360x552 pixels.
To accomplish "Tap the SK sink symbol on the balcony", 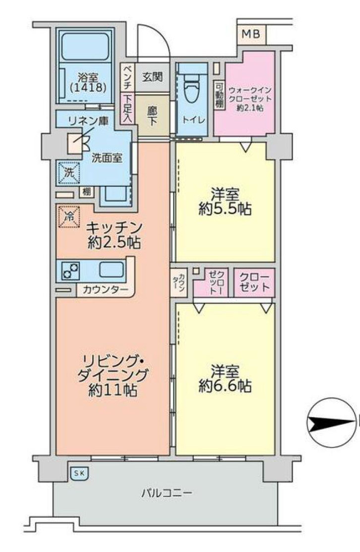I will click(x=79, y=473).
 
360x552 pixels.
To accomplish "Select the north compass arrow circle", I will click(x=330, y=423).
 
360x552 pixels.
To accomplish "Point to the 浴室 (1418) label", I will click(x=89, y=83).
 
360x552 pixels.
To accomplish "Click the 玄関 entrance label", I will click(x=153, y=78).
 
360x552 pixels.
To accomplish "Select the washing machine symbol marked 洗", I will click(x=67, y=172).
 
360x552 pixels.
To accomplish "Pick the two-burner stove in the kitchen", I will click(x=70, y=271).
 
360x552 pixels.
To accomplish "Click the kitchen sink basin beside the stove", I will click(x=112, y=270).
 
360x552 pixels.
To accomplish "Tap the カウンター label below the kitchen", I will click(x=105, y=289).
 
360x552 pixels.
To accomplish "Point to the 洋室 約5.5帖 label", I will click(x=225, y=202).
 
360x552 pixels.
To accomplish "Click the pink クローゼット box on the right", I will click(x=254, y=282).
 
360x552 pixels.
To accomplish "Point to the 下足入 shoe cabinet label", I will click(x=127, y=109).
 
